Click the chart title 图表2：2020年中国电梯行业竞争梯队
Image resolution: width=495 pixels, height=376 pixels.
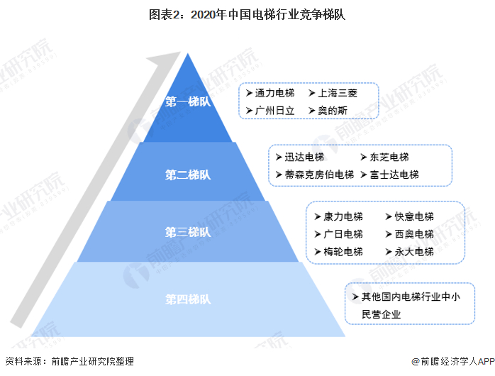tap(247, 13)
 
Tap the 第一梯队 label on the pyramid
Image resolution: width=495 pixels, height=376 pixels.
tap(188, 101)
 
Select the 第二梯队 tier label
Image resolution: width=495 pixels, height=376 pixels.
tap(188, 175)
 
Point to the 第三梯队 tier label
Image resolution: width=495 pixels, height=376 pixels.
tap(188, 232)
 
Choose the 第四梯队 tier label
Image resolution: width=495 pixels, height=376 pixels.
tap(188, 299)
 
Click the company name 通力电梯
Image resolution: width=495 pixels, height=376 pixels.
tap(269, 93)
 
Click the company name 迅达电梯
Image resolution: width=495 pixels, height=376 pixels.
tap(304, 157)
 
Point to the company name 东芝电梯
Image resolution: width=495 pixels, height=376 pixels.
tap(389, 157)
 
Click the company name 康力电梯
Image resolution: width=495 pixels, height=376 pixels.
tap(343, 216)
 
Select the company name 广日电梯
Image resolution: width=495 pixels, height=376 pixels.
tap(343, 234)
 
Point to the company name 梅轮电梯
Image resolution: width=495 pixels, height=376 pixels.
tap(343, 252)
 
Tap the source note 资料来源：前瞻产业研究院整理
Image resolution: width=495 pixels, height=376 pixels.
tap(69, 361)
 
